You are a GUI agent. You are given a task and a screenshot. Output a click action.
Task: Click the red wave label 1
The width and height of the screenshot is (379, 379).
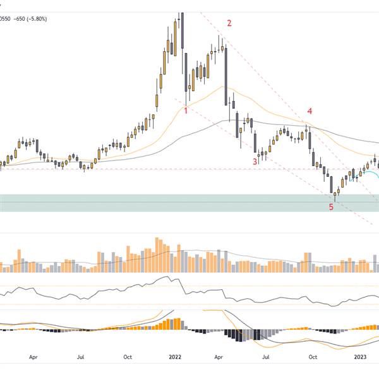click(x=186, y=111)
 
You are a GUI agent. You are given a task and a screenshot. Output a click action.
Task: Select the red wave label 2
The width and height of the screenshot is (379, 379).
click(x=229, y=23)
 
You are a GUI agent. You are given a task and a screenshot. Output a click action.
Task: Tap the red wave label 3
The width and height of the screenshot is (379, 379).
click(x=255, y=162)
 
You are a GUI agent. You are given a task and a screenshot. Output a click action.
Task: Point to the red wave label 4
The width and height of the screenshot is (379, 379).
click(x=310, y=111)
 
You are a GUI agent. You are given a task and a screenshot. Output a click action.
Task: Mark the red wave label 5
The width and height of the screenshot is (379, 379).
click(x=331, y=207)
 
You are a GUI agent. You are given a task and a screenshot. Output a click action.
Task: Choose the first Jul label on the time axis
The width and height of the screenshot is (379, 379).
click(x=80, y=356)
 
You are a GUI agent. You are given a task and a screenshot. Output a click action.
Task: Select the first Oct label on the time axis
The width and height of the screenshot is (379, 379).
click(x=127, y=356)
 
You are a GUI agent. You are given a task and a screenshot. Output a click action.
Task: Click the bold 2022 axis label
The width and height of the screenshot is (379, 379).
click(x=175, y=356)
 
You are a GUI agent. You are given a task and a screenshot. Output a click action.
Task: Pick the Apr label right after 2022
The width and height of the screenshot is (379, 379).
click(x=220, y=356)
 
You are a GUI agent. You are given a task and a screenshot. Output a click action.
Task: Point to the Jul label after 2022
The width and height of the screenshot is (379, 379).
click(x=267, y=356)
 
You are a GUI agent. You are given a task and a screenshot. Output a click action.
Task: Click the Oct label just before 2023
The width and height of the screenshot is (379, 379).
click(x=313, y=356)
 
